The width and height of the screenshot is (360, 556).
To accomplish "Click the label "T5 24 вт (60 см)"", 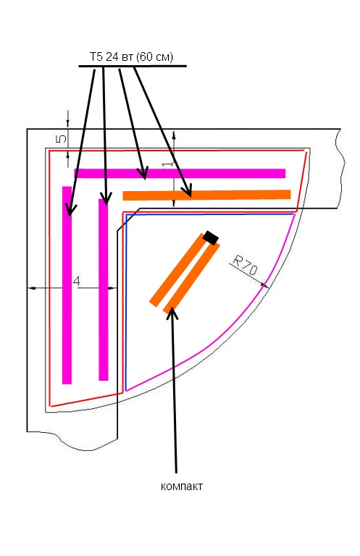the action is tap(131, 56).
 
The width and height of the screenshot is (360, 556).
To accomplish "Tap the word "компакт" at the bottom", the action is tap(182, 486).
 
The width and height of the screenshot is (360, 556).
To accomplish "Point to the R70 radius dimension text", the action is tap(245, 266).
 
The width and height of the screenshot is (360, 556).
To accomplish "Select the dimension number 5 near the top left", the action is tap(61, 138).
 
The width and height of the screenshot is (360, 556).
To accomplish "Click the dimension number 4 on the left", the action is tap(76, 282).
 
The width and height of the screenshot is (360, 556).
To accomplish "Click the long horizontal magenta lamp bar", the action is tap(180, 174).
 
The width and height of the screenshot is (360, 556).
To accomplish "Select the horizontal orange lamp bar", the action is tap(206, 195).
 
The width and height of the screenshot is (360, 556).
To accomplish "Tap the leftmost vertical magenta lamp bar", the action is tap(67, 285).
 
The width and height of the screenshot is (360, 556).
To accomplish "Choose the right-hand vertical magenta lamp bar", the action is tap(103, 290).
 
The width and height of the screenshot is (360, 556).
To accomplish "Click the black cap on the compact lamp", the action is tap(211, 237).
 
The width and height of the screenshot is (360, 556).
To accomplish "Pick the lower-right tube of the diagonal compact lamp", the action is tap(191, 277).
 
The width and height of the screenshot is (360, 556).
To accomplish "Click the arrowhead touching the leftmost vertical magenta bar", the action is tap(70, 209).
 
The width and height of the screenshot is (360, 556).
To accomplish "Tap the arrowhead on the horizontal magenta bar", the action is tap(143, 174).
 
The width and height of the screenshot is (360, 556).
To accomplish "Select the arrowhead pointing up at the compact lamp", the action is tap(172, 313).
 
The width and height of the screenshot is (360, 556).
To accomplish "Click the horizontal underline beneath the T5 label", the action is tap(133, 66).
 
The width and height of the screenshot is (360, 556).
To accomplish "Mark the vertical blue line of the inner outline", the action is tap(126, 302).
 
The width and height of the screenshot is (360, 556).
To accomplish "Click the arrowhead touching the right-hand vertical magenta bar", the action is tap(105, 198).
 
